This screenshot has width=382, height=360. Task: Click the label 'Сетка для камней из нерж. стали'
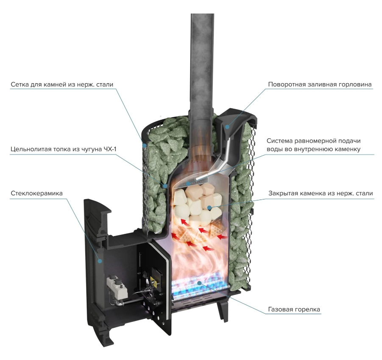point(62,84)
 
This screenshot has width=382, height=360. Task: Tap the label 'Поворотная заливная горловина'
point(320,84)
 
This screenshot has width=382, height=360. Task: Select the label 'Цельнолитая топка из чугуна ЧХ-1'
point(63,149)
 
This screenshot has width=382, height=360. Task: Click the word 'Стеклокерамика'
point(36,193)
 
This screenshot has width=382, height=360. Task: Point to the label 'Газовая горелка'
point(294,309)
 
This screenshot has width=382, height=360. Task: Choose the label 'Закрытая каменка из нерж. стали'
point(321,193)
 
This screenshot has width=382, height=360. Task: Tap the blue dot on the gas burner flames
point(199,283)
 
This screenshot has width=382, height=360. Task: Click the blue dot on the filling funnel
point(227,127)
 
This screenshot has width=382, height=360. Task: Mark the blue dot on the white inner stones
point(209,208)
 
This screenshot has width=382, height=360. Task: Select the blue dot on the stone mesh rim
point(145,146)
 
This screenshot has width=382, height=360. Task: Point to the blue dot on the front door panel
point(100,261)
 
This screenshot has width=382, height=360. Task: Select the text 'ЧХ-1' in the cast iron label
point(110,149)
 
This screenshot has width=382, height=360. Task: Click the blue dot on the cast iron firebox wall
point(165,186)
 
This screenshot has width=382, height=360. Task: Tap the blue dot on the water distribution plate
point(188,183)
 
